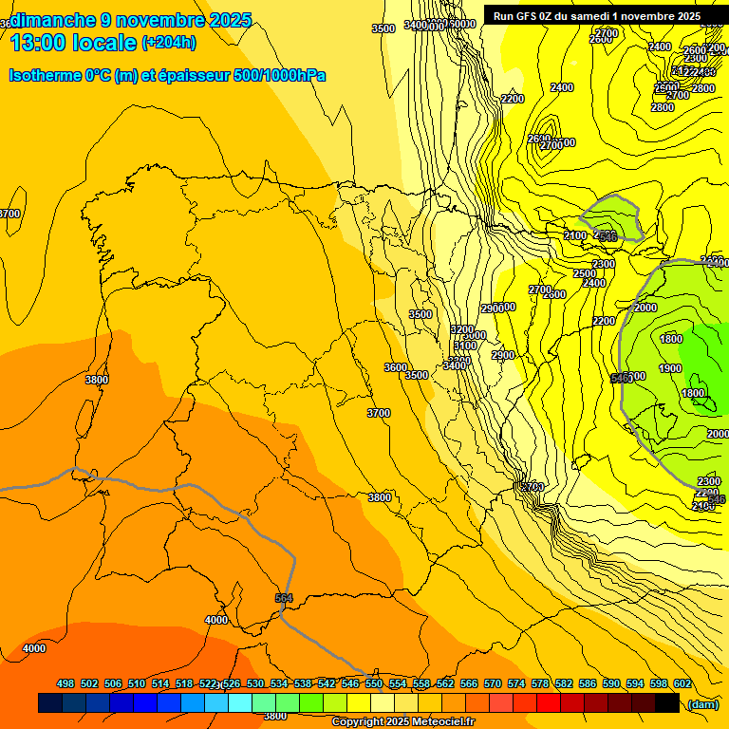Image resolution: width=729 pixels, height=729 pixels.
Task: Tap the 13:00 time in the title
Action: (40, 42)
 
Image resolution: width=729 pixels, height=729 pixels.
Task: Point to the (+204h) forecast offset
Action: (168, 42)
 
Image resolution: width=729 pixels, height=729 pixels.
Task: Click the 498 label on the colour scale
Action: (65, 684)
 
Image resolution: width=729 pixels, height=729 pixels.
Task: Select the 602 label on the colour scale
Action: (682, 684)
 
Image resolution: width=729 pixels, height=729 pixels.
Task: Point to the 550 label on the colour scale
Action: (374, 684)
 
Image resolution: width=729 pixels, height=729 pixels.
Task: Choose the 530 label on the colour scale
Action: (255, 684)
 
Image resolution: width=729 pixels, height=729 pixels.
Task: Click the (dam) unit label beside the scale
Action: (702, 703)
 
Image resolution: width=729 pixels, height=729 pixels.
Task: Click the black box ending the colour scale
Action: (667, 702)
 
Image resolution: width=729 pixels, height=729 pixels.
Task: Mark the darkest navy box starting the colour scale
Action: (50, 702)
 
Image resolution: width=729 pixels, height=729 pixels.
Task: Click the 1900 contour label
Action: (670, 368)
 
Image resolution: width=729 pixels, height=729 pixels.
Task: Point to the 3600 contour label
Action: (396, 367)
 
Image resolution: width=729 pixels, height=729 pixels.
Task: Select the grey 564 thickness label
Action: (283, 597)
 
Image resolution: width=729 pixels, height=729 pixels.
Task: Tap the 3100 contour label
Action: (465, 346)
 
